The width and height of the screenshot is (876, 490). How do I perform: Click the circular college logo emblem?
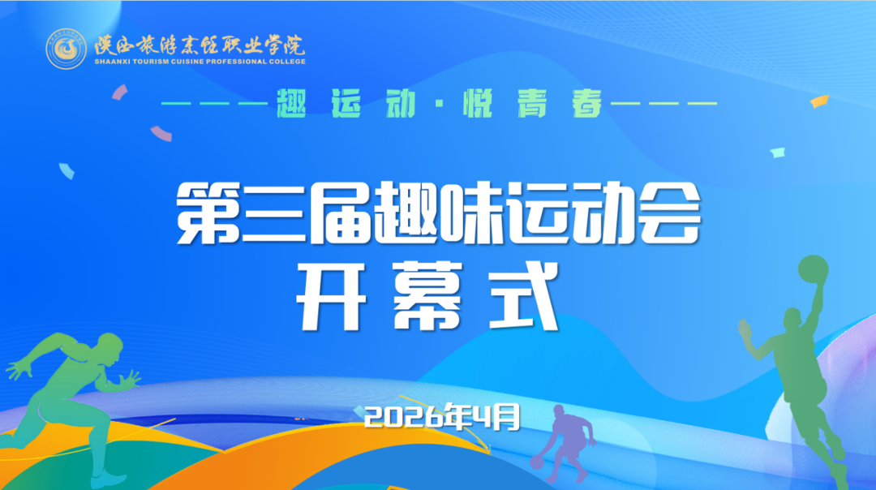coord(67,49)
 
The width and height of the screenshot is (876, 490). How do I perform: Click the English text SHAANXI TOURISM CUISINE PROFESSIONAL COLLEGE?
coord(200,61)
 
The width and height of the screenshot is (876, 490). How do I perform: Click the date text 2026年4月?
coord(440,417)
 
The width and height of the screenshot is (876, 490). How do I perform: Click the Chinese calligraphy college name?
coord(200,43)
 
